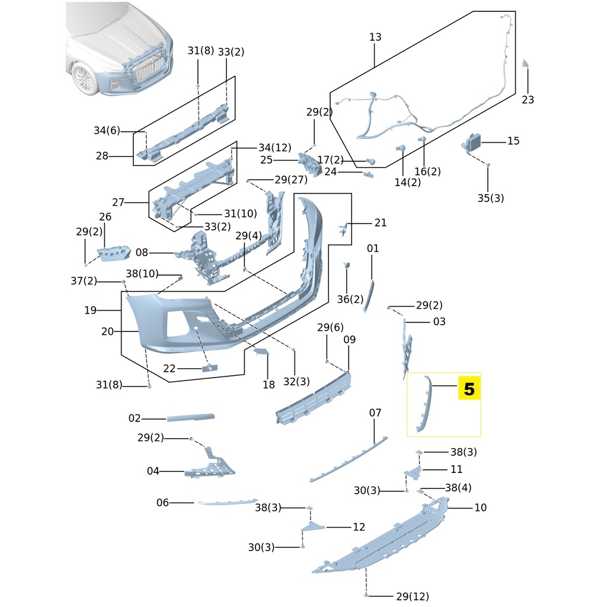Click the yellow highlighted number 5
pyautogui.click(x=469, y=389)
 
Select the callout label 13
pyautogui.click(x=375, y=37)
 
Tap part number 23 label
pyautogui.click(x=528, y=100)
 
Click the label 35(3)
pyautogui.click(x=491, y=198)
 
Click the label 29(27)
pyautogui.click(x=290, y=180)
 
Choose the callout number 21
pyautogui.click(x=380, y=223)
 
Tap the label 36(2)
pyautogui.click(x=350, y=299)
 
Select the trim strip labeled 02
pyautogui.click(x=190, y=417)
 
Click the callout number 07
pyautogui.click(x=375, y=413)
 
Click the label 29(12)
pyautogui.click(x=412, y=596)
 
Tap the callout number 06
pyautogui.click(x=162, y=503)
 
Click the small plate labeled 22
pyautogui.click(x=209, y=368)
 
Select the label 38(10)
pyautogui.click(x=142, y=273)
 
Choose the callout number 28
pyautogui.click(x=102, y=156)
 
